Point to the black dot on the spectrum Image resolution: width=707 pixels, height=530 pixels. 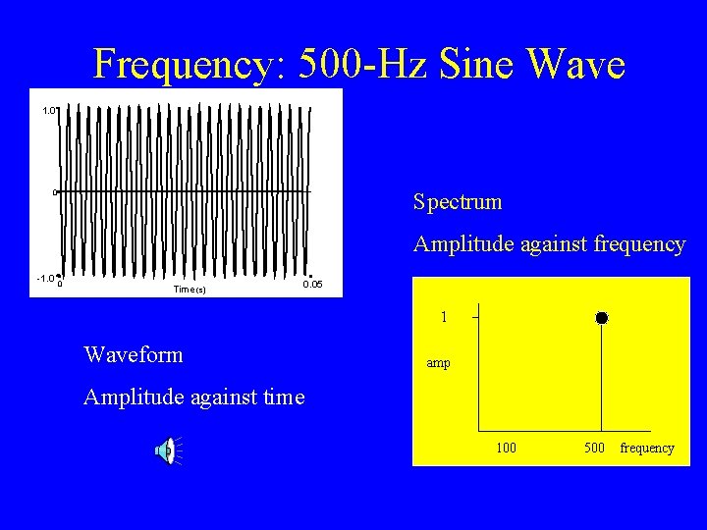tap(602, 318)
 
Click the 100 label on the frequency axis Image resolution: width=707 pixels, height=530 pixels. tap(505, 449)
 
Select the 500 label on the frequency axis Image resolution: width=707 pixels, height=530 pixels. tap(594, 449)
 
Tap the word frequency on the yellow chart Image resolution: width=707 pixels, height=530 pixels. tap(647, 449)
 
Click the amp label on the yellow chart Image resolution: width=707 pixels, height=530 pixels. tap(438, 363)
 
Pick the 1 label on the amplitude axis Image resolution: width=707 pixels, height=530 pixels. tap(444, 318)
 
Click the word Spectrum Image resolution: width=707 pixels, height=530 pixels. tap(458, 203)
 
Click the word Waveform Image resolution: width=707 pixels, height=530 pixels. tap(134, 354)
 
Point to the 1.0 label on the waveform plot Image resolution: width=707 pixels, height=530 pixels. tap(49, 111)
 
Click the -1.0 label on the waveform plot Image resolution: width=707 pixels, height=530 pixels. tap(45, 279)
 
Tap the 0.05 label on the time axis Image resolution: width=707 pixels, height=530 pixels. tap(311, 285)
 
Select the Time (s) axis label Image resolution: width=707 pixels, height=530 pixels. tap(189, 289)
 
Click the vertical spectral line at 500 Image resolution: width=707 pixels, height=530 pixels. tap(602, 378)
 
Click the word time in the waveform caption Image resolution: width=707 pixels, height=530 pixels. tap(282, 397)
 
